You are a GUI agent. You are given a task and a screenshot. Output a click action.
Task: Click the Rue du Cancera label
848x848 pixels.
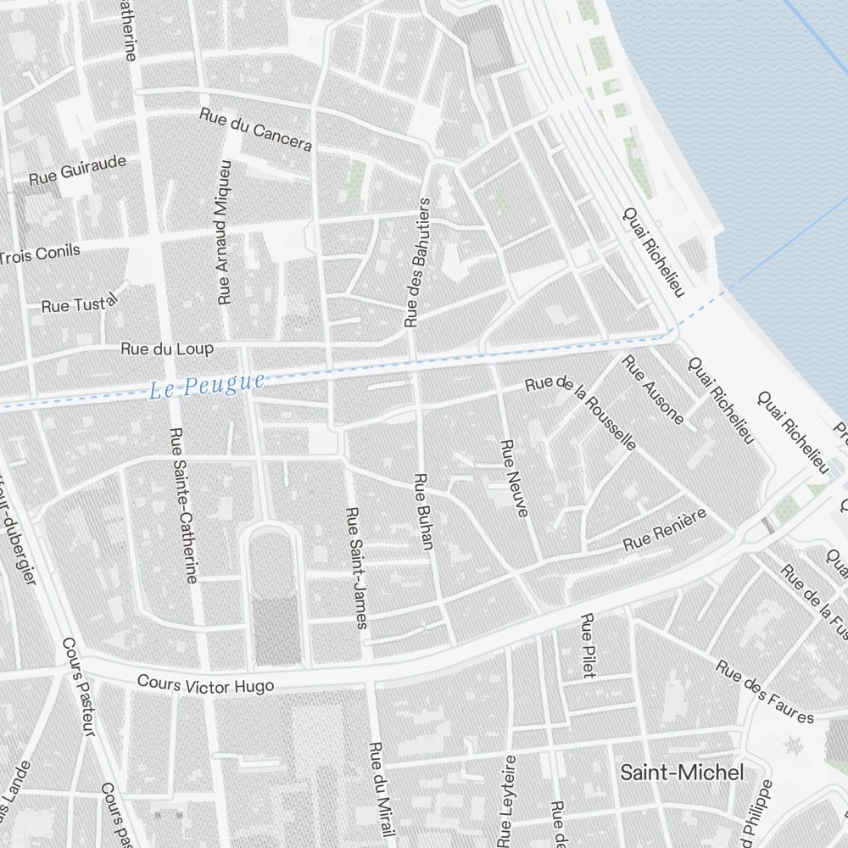click(x=256, y=129)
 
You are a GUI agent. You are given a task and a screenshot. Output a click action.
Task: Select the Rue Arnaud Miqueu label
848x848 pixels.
click(x=224, y=232)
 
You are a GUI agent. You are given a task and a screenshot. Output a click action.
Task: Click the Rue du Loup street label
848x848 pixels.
click(x=167, y=349)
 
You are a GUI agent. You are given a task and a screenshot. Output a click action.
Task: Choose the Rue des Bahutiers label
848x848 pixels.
click(x=419, y=263)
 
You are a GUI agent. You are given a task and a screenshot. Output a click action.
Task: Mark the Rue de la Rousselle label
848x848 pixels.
click(x=581, y=409)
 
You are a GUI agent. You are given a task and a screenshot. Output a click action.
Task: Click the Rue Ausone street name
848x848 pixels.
click(x=652, y=389)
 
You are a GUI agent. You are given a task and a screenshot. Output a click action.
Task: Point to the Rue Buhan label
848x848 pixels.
click(x=423, y=511)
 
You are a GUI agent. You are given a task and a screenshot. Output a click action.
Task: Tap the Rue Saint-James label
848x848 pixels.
click(x=357, y=568)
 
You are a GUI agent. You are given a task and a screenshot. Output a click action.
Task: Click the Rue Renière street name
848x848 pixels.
click(x=665, y=531)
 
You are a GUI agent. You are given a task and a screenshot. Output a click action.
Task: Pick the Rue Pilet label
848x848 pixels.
click(x=587, y=645)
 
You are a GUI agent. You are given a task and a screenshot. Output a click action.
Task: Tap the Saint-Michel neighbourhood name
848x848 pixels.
click(x=682, y=773)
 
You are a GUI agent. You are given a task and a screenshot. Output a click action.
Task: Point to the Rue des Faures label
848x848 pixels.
click(x=764, y=693)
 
